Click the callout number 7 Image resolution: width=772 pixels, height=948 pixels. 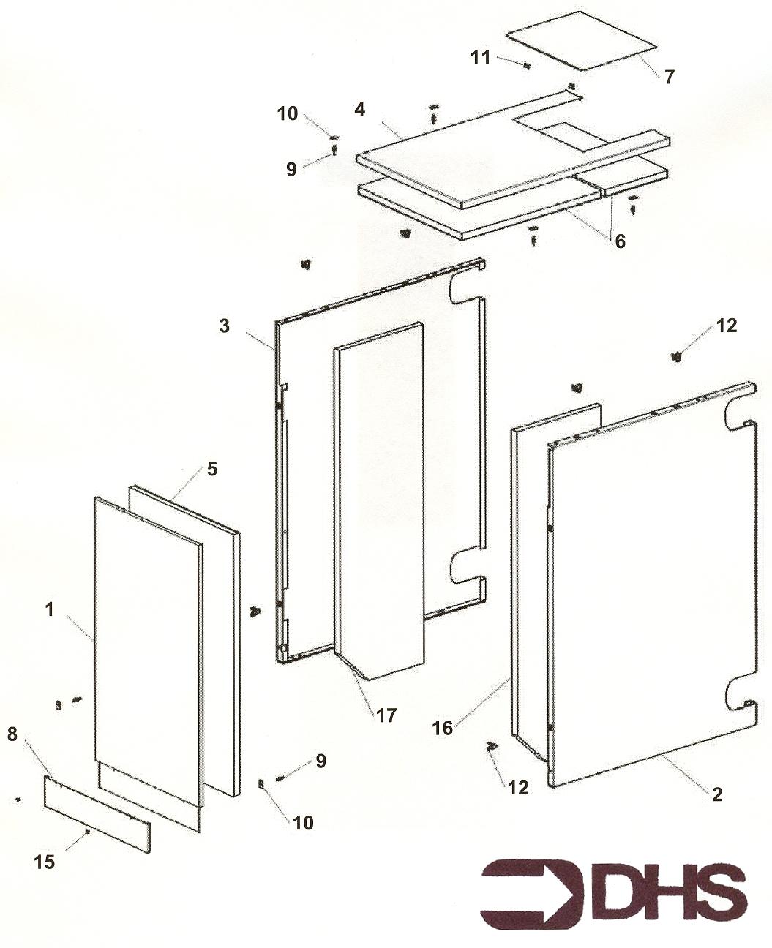tap(670, 75)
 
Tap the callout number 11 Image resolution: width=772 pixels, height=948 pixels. tap(480, 56)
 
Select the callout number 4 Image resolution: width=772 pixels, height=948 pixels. tap(359, 110)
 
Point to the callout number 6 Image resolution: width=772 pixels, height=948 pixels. tap(621, 241)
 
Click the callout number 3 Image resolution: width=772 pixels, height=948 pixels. tap(225, 326)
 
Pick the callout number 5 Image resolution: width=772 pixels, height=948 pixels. tap(211, 468)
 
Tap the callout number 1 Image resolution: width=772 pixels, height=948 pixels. tap(50, 609)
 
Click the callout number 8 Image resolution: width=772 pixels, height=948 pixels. tap(12, 734)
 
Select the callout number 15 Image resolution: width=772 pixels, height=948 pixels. tap(45, 862)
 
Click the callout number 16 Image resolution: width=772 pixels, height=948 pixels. tap(443, 728)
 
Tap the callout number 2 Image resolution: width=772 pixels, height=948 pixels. tap(717, 794)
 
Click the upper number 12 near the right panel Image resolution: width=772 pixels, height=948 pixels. tap(726, 326)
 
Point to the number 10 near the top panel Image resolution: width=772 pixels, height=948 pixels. tap(288, 113)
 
